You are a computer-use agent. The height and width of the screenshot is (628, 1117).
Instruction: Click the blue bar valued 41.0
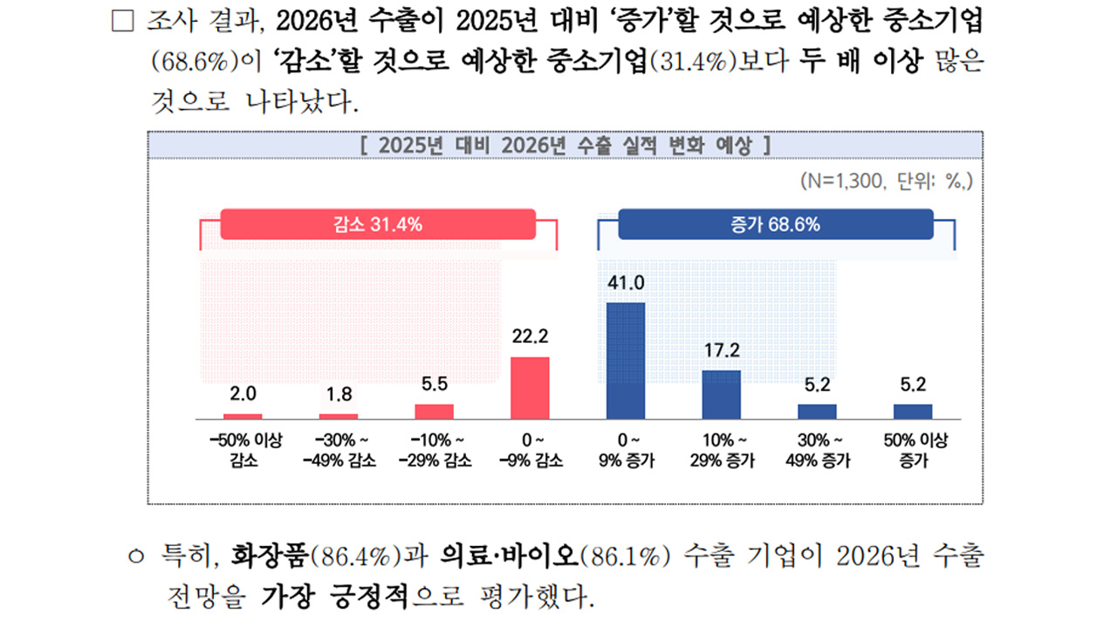(625, 360)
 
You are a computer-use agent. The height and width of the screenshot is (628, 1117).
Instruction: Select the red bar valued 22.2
(530, 388)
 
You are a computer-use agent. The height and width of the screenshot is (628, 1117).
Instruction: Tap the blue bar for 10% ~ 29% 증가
(721, 394)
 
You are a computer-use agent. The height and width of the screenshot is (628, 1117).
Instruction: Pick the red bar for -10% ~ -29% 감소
(434, 412)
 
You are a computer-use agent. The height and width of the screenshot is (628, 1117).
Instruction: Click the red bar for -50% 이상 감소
(243, 416)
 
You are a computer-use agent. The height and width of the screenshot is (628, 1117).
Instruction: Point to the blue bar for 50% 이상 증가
(912, 412)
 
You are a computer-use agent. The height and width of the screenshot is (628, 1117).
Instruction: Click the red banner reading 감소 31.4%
(378, 224)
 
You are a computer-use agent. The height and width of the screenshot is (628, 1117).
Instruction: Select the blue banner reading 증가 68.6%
(775, 224)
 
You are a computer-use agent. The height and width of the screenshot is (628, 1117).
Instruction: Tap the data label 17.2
(721, 351)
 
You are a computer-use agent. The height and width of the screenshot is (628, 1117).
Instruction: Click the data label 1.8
(339, 394)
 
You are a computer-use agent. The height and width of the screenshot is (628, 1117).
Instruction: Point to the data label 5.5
(434, 384)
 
